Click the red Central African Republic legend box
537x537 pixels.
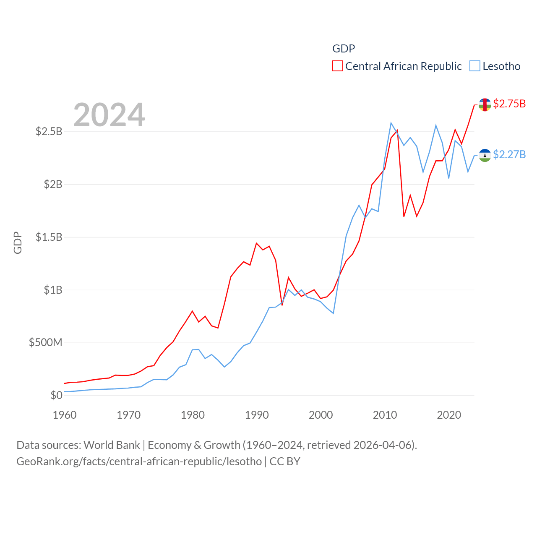tap(338, 66)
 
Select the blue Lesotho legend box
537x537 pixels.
tap(475, 66)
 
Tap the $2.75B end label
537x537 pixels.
tap(509, 104)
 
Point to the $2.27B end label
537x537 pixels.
tap(509, 155)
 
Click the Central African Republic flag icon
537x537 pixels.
tap(485, 104)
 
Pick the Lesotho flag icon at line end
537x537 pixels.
tap(485, 156)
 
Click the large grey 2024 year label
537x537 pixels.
tap(109, 115)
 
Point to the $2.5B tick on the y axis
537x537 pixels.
tap(49, 132)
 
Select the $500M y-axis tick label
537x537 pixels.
tap(45, 343)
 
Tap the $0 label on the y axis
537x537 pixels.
tap(56, 395)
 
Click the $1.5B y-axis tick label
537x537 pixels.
tap(49, 237)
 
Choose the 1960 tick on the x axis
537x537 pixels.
tap(65, 415)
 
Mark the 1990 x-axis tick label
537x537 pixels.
tap(257, 415)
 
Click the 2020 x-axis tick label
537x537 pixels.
tap(449, 415)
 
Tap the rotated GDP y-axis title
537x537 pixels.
tap(18, 242)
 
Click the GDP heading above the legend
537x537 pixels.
tap(344, 49)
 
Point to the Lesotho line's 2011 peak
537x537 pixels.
tap(391, 123)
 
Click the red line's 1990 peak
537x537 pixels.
tap(256, 243)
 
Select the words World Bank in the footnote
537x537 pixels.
tap(112, 445)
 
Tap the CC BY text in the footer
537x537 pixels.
tap(285, 461)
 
